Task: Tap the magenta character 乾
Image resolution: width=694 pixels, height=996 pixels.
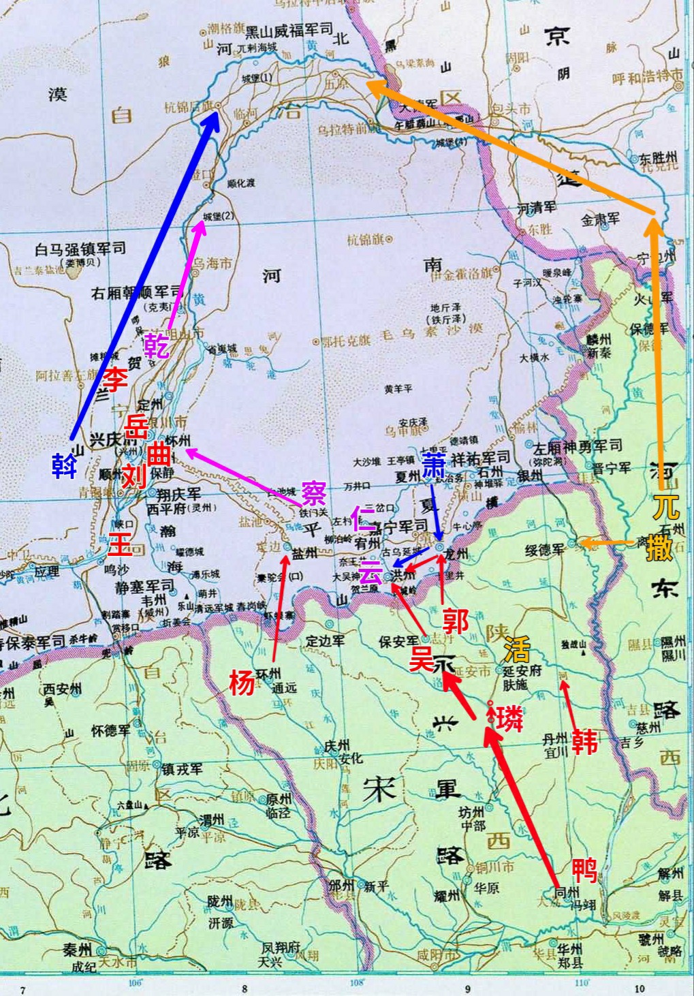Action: pyautogui.click(x=157, y=345)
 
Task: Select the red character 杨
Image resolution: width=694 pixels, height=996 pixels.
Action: pyautogui.click(x=241, y=682)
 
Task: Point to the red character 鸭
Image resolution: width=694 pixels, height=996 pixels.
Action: pyautogui.click(x=584, y=870)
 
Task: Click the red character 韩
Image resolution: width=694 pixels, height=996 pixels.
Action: pyautogui.click(x=585, y=741)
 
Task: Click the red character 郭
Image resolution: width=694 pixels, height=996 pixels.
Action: pyautogui.click(x=455, y=621)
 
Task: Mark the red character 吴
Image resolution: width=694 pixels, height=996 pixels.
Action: pyautogui.click(x=421, y=659)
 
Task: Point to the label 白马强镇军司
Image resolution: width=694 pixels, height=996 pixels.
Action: pyautogui.click(x=80, y=249)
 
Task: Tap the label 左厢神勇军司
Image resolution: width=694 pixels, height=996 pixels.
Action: pyautogui.click(x=578, y=447)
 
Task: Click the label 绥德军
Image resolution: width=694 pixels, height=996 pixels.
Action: pyautogui.click(x=546, y=550)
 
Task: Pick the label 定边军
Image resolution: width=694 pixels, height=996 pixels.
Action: pyautogui.click(x=325, y=641)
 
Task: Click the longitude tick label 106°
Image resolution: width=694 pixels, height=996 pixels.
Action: pyautogui.click(x=136, y=982)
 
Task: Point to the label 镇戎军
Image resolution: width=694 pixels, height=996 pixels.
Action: pyautogui.click(x=182, y=769)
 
